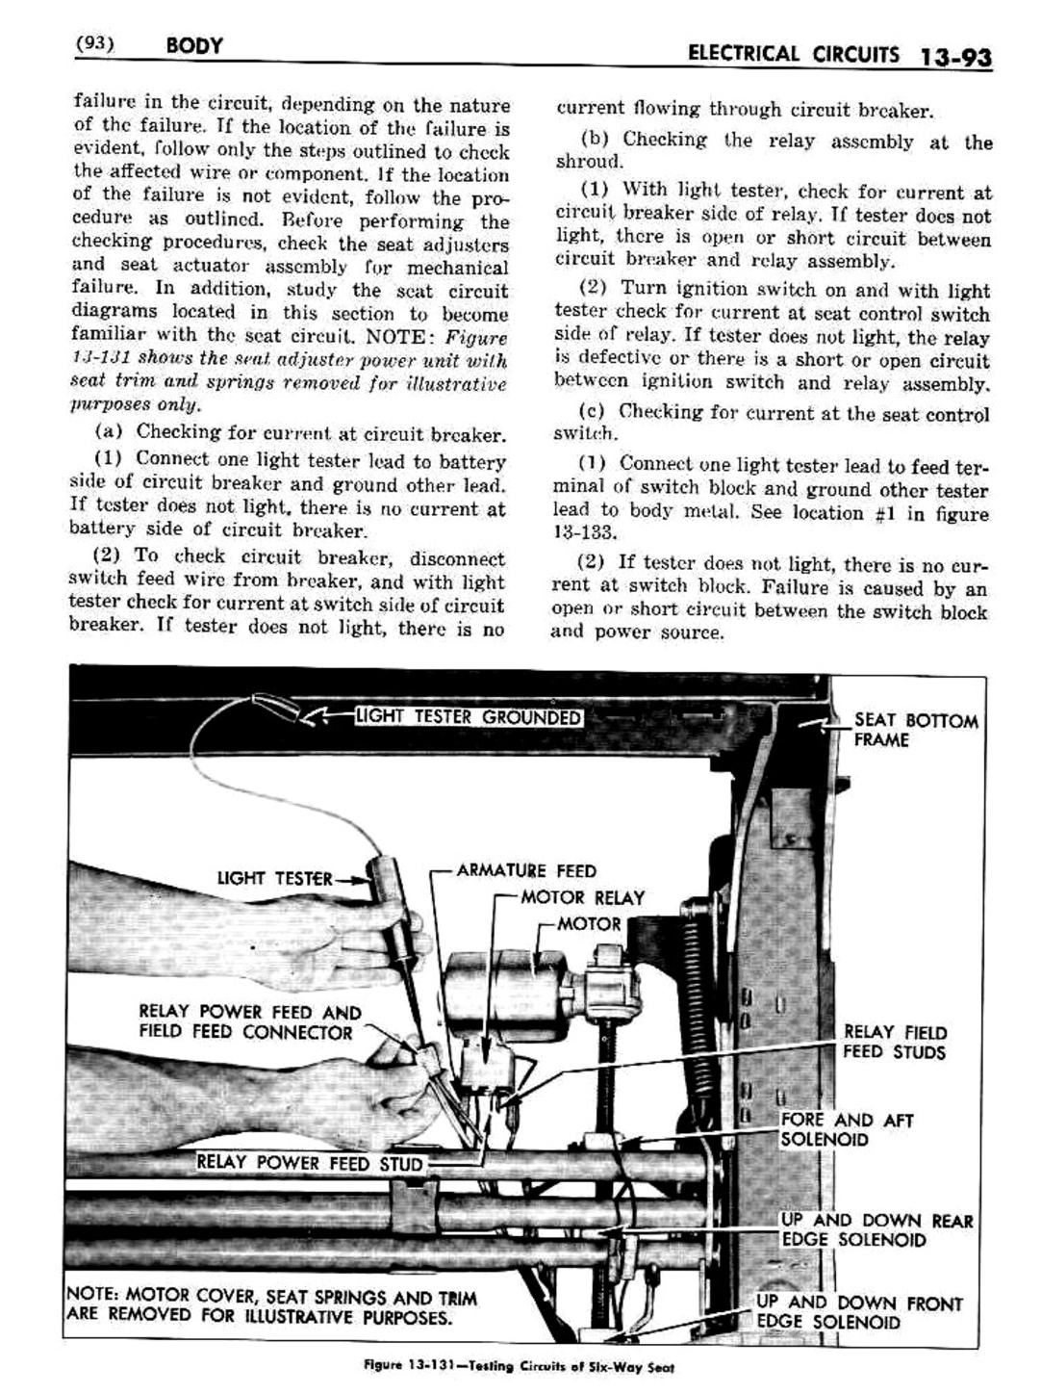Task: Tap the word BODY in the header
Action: [x=193, y=45]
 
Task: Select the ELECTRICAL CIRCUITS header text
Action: [x=794, y=54]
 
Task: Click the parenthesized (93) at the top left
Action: [x=94, y=44]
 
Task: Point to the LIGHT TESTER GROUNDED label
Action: [x=469, y=717]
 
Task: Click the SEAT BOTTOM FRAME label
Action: [x=914, y=730]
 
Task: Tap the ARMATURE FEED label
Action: [x=525, y=871]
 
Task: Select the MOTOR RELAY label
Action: [x=582, y=898]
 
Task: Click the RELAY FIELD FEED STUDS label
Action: [x=894, y=1042]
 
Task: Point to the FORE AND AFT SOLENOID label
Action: [x=846, y=1129]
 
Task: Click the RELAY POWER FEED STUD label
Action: [x=309, y=1164]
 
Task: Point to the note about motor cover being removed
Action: [x=271, y=1307]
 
